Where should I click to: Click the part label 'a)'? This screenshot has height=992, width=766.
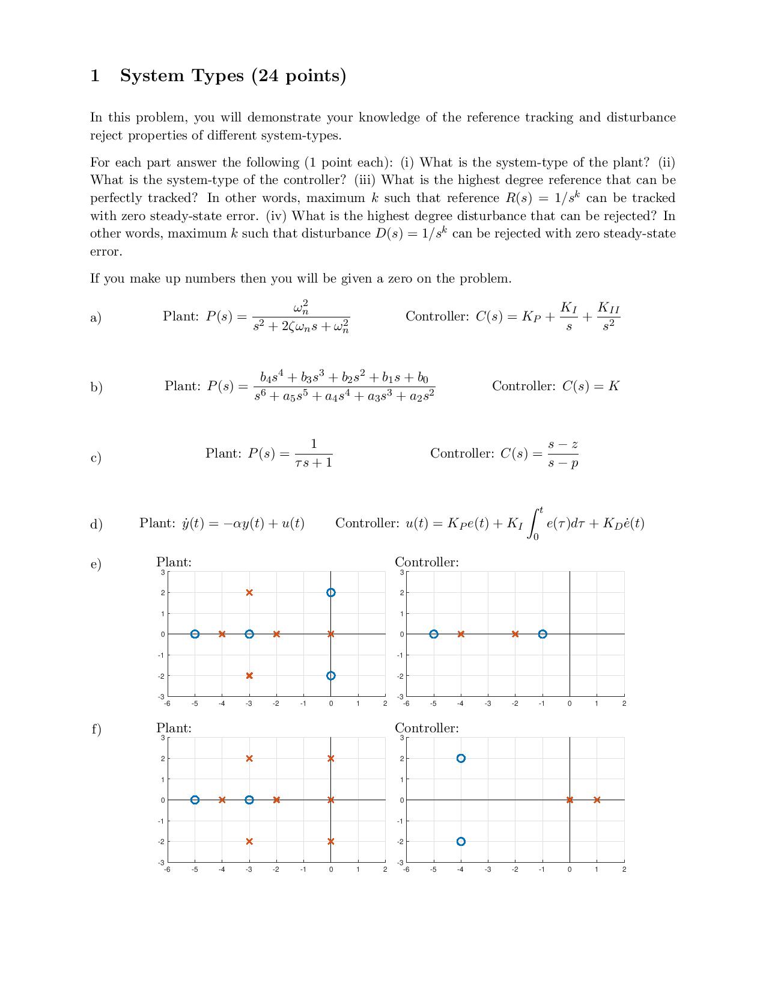[96, 317]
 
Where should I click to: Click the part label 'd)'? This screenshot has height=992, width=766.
[96, 524]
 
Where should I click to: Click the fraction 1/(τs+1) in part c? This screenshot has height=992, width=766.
[313, 453]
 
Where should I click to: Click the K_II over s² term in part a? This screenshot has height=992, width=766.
[608, 316]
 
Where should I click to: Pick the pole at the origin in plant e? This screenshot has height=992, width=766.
[330, 634]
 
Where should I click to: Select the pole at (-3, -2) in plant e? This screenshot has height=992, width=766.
[249, 675]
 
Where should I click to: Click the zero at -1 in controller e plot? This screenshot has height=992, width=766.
[543, 634]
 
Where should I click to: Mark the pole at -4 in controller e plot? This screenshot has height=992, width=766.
[461, 634]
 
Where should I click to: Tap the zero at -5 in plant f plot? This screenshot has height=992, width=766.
[195, 800]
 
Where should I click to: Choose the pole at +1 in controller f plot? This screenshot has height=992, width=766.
[597, 800]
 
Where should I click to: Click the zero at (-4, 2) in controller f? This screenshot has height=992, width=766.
[461, 758]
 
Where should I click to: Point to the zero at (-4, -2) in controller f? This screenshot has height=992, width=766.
[461, 841]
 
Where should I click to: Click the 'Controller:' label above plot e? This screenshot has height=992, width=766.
[427, 562]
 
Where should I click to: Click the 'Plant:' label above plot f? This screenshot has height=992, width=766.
[174, 728]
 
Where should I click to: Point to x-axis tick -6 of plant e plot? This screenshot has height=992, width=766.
[167, 703]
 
